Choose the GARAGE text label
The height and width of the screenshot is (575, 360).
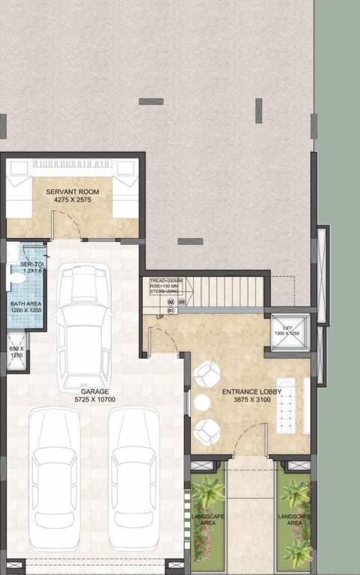96,392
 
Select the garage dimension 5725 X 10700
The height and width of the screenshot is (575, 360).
96,401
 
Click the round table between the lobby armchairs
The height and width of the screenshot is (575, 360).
199,403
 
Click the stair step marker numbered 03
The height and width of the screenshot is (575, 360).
182,302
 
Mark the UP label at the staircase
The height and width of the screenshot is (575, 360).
159,317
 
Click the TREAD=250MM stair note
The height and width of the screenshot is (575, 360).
165,280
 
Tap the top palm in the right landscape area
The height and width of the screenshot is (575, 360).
296,492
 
